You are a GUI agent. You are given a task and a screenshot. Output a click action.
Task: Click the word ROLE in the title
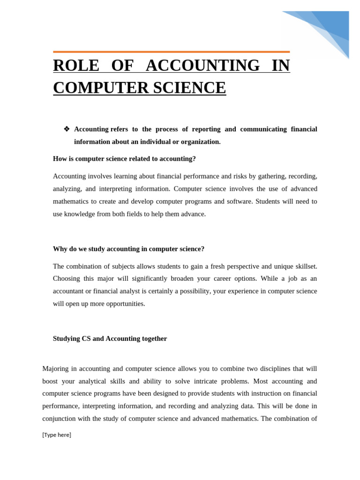coord(76,66)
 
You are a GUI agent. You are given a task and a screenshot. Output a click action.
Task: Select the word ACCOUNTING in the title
coord(202,66)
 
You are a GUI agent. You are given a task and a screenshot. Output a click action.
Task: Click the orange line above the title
coord(171,52)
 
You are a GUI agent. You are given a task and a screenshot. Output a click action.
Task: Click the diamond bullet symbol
coord(67,129)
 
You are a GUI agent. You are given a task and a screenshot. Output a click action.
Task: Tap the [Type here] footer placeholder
coord(57,435)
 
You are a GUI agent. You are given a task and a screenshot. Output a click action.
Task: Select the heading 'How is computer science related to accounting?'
coord(124,159)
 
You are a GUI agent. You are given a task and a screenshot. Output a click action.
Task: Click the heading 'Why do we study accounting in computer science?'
coord(128,249)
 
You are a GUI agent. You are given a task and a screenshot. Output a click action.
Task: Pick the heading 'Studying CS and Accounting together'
coord(110,338)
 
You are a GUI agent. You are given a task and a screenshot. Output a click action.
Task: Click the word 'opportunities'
coord(123,304)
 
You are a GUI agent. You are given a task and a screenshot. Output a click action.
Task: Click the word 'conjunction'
coord(60,419)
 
